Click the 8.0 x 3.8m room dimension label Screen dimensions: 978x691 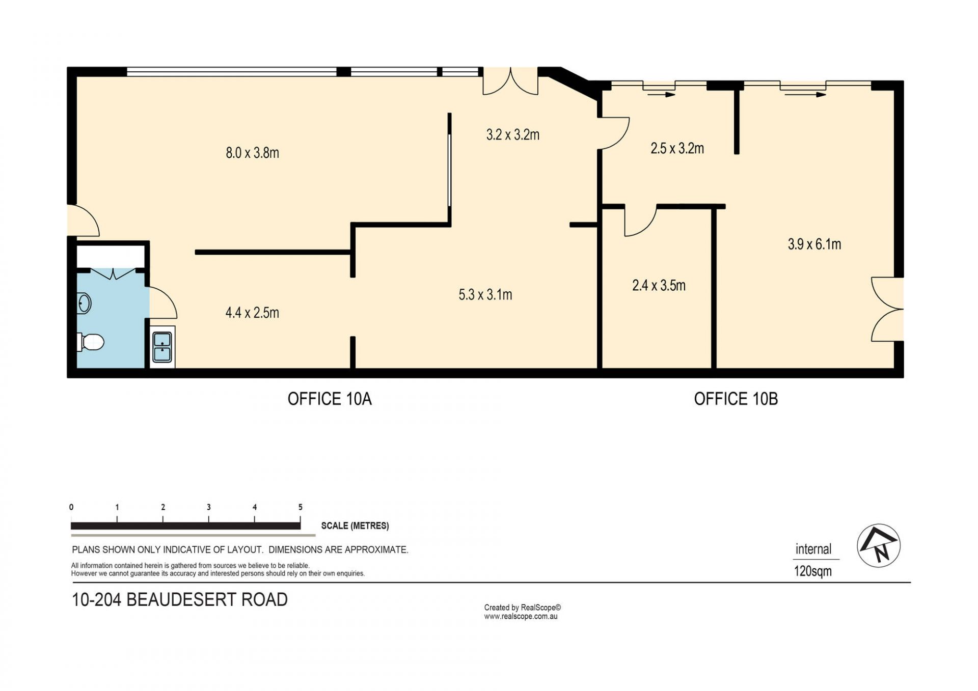(252, 153)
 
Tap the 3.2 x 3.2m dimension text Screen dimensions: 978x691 (512, 135)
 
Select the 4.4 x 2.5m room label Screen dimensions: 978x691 (252, 313)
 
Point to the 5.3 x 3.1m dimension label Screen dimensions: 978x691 (485, 295)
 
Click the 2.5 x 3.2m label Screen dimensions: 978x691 (677, 149)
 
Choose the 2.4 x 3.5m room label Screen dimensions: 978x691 (659, 286)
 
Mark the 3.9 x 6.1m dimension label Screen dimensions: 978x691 (814, 244)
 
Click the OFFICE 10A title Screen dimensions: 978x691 (330, 399)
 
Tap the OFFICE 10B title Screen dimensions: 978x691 (736, 399)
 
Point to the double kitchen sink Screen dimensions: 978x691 (162, 347)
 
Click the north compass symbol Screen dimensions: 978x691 (878, 546)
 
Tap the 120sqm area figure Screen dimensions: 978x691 (812, 571)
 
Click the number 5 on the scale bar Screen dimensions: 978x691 (301, 507)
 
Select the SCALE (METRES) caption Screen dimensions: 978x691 (355, 526)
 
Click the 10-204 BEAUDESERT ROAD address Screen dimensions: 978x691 (180, 600)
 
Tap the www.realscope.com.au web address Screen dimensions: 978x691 (521, 617)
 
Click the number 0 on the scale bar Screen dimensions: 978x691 (71, 507)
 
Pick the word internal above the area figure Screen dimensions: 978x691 (813, 549)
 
